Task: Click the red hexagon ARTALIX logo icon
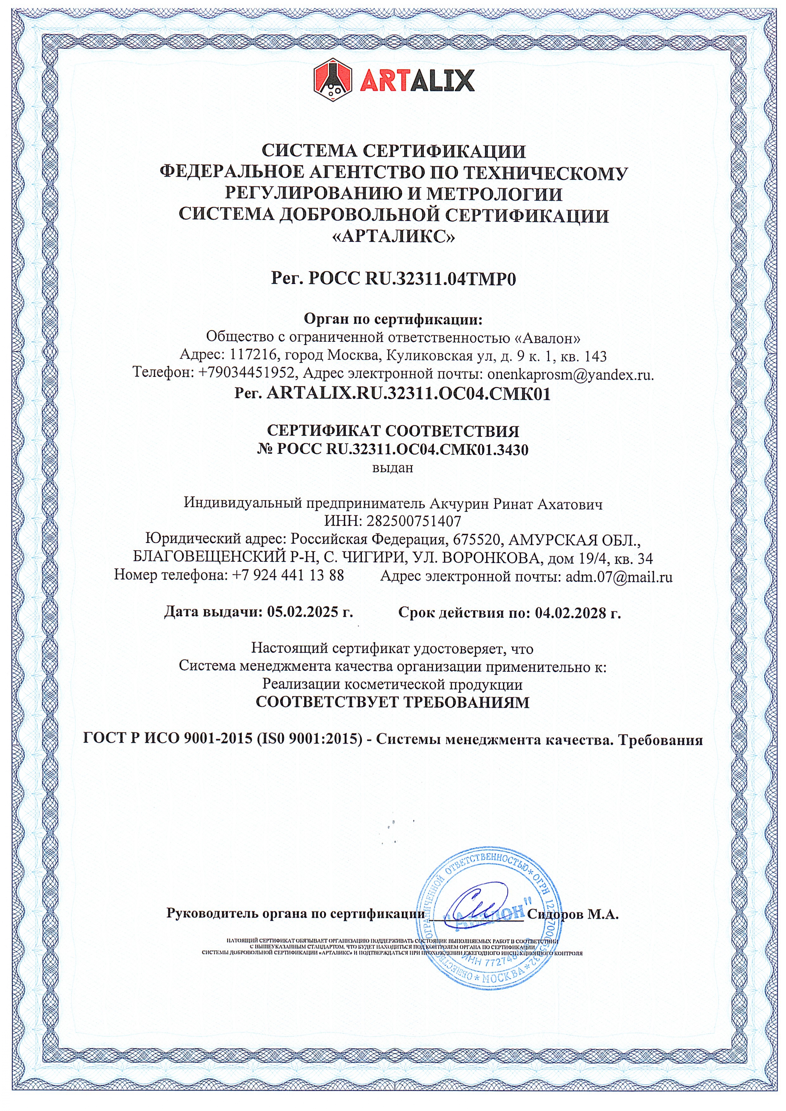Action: [x=333, y=79]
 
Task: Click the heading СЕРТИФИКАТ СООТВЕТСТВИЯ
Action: [x=393, y=430]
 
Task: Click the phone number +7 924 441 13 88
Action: [x=288, y=576]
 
